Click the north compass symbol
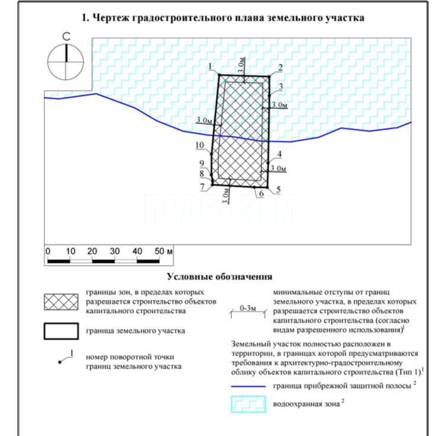(67, 61)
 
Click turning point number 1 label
(211, 66)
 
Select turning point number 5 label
(278, 189)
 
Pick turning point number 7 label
(202, 187)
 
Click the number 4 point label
(279, 154)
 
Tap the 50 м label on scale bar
(163, 251)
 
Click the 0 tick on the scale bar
(48, 251)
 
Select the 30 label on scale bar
(114, 251)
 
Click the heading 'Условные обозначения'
(219, 276)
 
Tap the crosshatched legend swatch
(61, 301)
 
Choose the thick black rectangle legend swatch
(61, 331)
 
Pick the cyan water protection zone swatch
(245, 406)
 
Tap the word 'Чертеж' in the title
(110, 18)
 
